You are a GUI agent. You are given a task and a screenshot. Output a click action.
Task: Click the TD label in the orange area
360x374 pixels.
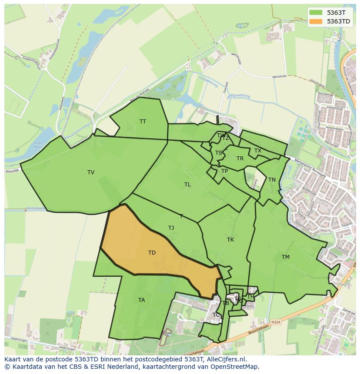152,253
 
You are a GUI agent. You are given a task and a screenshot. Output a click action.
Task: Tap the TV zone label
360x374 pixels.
91,172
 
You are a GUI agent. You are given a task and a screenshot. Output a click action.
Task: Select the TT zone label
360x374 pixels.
143,122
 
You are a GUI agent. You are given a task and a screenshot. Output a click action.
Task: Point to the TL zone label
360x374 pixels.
187,185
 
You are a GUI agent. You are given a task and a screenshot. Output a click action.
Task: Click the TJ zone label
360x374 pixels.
171,228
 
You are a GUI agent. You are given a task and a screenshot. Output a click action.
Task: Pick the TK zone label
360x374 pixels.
230,240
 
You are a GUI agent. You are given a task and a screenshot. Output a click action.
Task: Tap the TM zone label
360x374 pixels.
285,257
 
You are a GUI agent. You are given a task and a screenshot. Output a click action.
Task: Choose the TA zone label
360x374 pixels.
141,300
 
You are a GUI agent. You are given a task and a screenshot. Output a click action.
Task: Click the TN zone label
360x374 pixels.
272,180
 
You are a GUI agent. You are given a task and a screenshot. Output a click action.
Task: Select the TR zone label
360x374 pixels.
240,159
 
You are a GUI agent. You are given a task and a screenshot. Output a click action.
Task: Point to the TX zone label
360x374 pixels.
258,151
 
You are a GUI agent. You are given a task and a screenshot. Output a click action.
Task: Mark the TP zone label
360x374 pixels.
224,171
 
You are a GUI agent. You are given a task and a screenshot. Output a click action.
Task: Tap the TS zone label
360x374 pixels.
219,153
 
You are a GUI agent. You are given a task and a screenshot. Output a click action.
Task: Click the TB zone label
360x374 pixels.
226,303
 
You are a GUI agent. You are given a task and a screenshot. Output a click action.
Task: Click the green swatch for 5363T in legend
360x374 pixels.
316,13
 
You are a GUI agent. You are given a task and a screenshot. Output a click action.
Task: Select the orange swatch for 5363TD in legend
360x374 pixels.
316,21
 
